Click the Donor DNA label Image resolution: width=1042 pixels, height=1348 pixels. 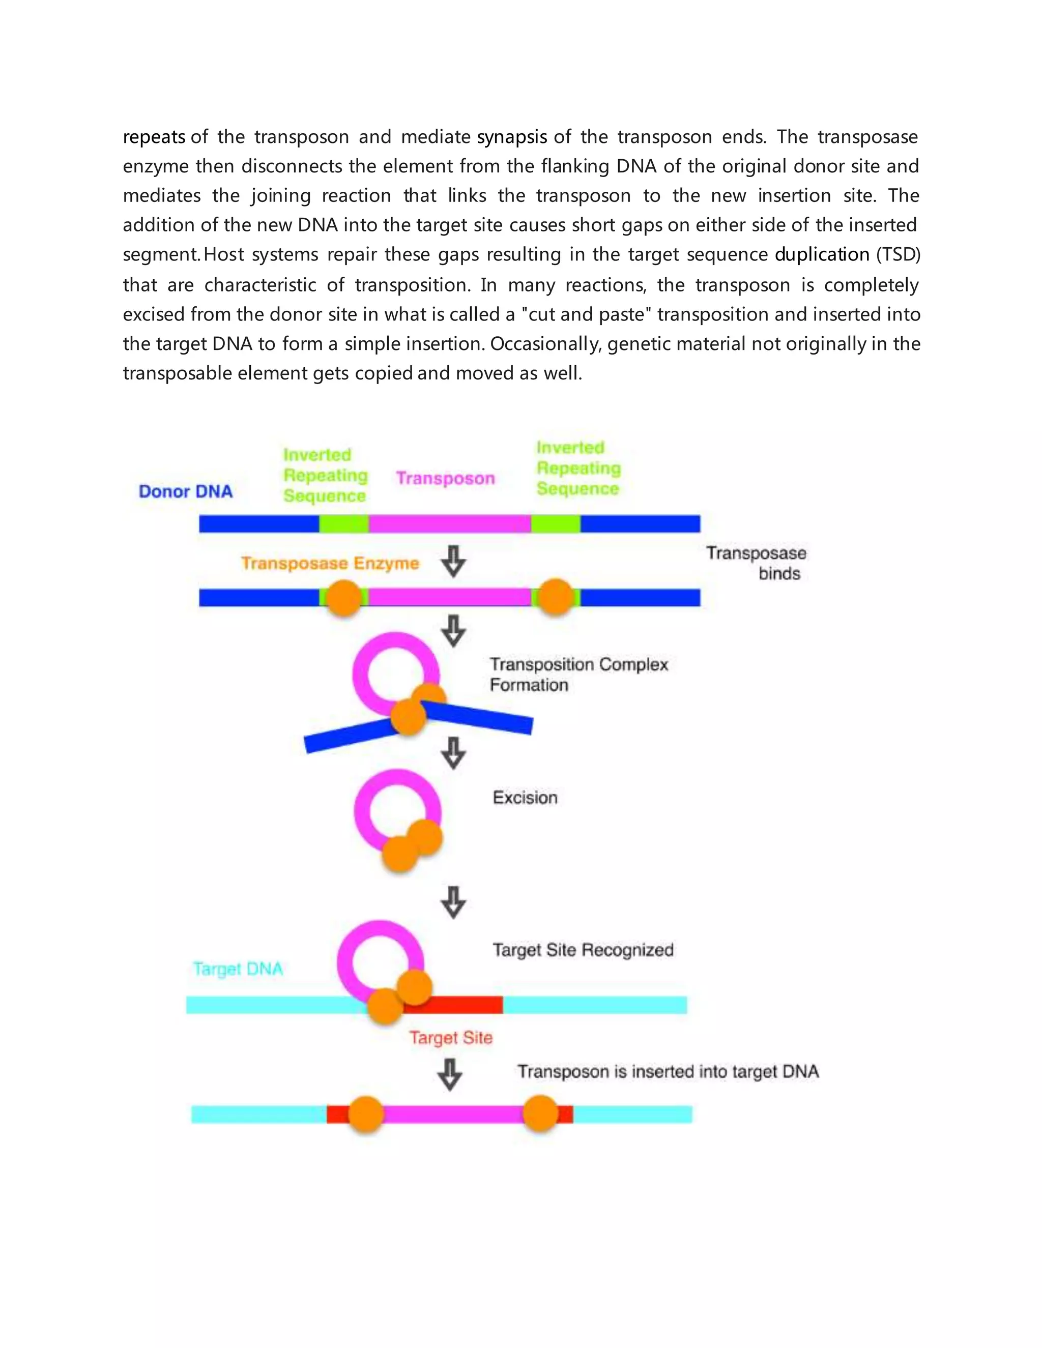185,491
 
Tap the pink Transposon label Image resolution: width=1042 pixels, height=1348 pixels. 445,478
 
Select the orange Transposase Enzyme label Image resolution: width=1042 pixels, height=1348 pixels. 330,563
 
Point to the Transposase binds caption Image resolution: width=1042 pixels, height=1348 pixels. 756,563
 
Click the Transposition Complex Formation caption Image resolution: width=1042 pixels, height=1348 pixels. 578,675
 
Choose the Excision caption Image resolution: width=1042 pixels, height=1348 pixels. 525,798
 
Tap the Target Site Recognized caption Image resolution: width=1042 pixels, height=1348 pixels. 583,950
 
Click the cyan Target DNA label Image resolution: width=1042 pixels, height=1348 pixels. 238,969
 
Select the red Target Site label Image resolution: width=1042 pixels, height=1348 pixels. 451,1038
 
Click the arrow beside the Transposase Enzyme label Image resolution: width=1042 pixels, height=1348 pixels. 454,561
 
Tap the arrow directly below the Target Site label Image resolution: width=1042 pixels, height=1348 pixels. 450,1074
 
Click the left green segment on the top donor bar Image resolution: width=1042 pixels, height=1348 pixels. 344,524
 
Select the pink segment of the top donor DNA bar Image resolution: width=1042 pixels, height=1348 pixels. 449,524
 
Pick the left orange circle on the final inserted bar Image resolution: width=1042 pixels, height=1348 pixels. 366,1114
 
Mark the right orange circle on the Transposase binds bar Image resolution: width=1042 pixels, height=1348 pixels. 556,597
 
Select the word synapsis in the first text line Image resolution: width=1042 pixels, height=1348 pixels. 512,137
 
